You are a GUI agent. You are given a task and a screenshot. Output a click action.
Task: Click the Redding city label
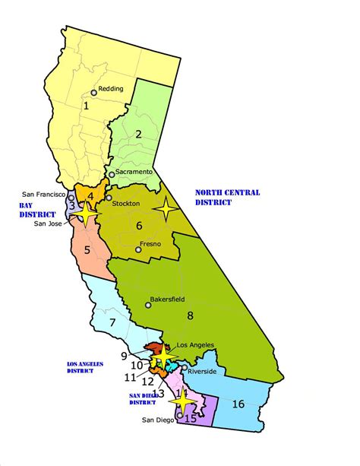[111, 88]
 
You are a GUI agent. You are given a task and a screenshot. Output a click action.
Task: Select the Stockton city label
[128, 204]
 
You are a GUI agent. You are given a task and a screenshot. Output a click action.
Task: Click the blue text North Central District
[227, 198]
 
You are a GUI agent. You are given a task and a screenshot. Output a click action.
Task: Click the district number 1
[86, 106]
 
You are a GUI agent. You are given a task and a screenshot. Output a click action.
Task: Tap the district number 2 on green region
[139, 135]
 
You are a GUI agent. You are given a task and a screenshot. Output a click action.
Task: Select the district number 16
[238, 403]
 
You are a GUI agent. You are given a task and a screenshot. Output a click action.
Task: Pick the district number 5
[87, 249]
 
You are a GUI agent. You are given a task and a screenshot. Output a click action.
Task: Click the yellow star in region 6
[166, 207]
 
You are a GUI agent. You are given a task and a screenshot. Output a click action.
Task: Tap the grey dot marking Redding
[94, 93]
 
